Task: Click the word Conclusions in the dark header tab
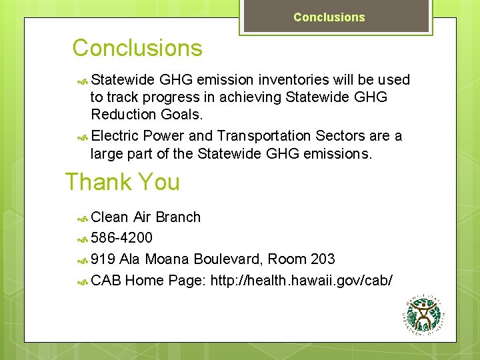(329, 17)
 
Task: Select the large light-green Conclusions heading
(137, 48)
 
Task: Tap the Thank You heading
(123, 182)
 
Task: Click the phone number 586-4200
(121, 238)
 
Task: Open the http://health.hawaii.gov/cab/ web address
(301, 281)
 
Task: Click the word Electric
(115, 136)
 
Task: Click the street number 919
(103, 259)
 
